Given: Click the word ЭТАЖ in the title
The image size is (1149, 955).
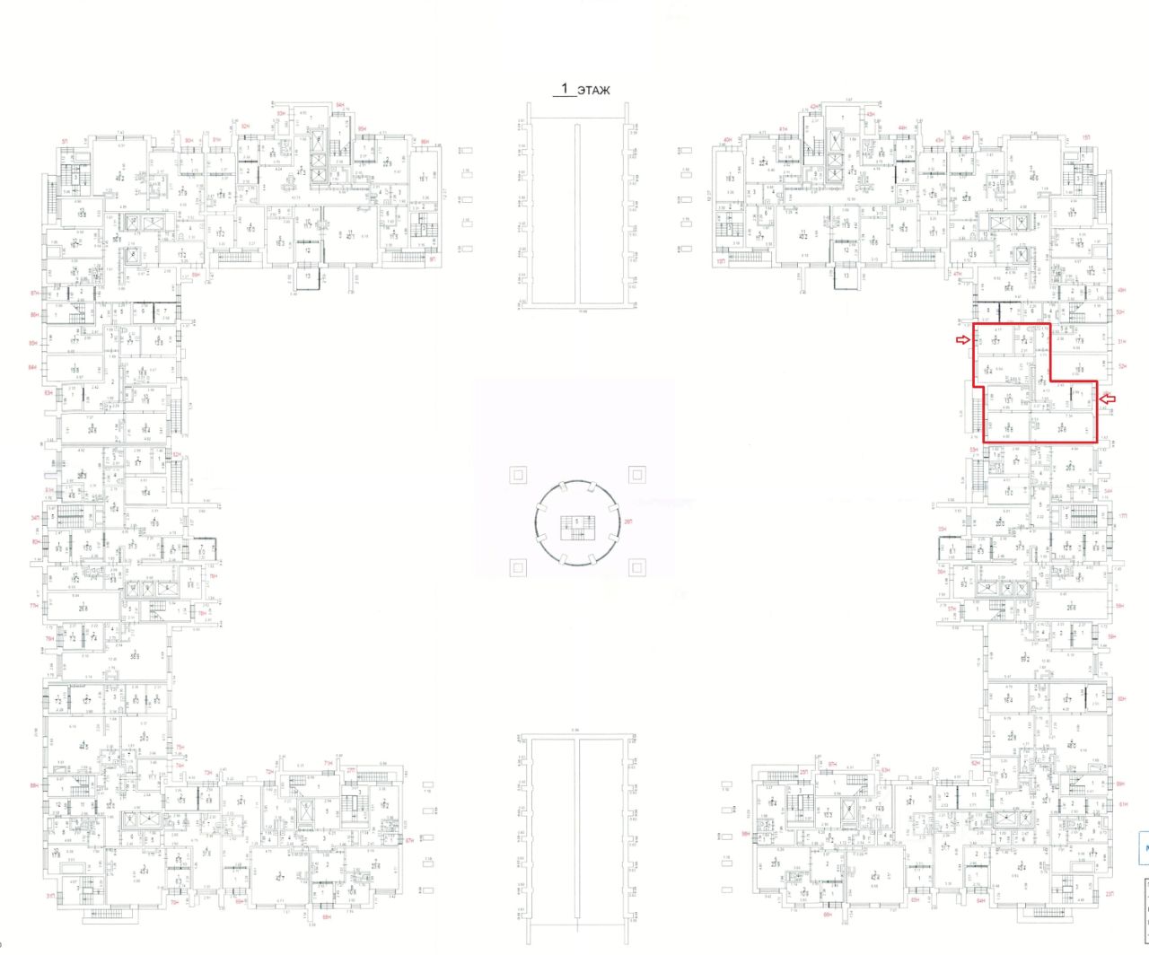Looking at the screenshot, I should tap(593, 91).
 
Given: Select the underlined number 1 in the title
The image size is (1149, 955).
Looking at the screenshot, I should tap(564, 89).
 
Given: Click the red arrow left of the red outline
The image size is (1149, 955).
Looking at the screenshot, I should tap(962, 339).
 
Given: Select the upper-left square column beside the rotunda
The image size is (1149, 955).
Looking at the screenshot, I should tap(516, 475).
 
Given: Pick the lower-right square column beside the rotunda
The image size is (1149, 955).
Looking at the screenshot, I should tap(636, 566).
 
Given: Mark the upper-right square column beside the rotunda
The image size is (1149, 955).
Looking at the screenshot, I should tap(636, 474).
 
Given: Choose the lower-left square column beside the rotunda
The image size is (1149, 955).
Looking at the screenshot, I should tap(516, 566).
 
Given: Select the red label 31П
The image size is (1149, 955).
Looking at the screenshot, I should tap(50, 896).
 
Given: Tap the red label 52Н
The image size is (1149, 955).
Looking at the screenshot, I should tap(1122, 366).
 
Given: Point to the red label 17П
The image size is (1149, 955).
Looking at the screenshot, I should tap(1122, 515).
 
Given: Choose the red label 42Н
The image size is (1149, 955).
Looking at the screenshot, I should tap(815, 108).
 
